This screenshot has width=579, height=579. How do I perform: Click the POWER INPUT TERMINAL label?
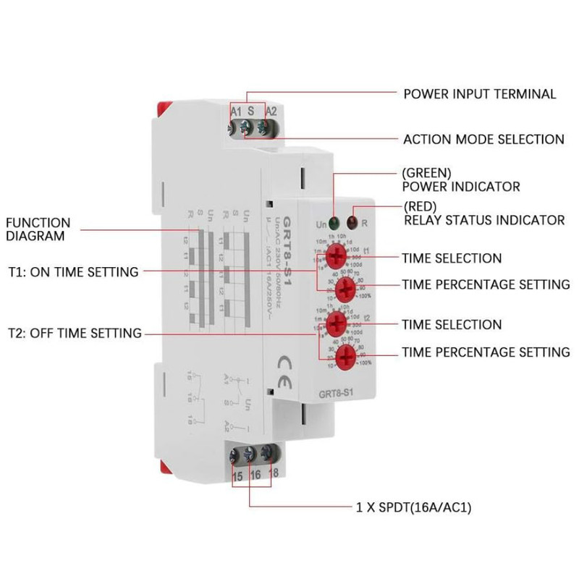coord(479,94)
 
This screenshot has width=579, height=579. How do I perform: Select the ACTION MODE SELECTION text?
coord(483,139)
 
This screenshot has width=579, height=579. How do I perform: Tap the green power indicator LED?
coord(334,222)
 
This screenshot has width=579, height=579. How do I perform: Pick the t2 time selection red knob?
coord(334,321)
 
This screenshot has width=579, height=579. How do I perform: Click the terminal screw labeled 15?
coord(236,456)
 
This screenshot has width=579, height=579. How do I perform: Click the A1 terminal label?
coord(235,111)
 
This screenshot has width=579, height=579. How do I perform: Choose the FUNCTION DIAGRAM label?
coord(39,229)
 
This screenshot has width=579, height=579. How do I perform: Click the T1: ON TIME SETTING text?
coord(73,272)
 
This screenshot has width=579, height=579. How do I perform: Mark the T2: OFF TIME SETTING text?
coord(75,333)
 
